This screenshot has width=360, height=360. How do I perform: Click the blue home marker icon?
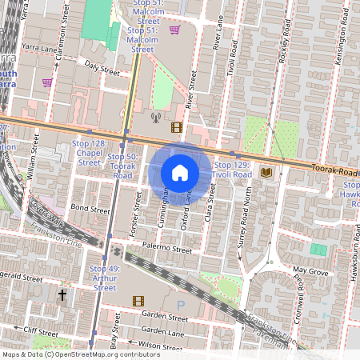[180, 172]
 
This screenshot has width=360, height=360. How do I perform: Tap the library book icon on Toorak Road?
[266, 172]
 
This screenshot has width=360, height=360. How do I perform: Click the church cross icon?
[62, 296]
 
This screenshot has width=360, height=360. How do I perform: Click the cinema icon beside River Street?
[176, 126]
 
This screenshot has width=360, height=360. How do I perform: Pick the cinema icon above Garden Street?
[138, 301]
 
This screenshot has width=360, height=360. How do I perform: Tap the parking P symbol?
[180, 305]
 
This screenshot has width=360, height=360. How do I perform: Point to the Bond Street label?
[90, 208]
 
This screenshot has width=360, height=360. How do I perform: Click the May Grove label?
[311, 271]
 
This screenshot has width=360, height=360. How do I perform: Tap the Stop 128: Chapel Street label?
[90, 152]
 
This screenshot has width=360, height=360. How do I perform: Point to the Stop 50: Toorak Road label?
[123, 166]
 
